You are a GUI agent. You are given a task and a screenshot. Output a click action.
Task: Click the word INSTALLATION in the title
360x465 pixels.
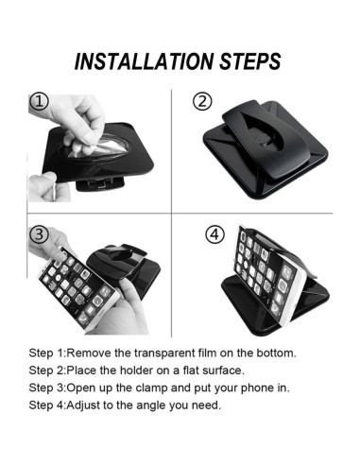pyautogui.click(x=144, y=61)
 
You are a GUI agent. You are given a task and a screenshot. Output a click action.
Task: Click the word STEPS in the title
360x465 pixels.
pyautogui.click(x=250, y=61)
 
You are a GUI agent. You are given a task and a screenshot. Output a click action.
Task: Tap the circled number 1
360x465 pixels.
pyautogui.click(x=39, y=102)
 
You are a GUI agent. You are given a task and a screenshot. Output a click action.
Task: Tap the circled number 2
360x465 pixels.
pyautogui.click(x=202, y=101)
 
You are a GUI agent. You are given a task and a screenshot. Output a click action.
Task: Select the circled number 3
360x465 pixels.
pyautogui.click(x=39, y=235)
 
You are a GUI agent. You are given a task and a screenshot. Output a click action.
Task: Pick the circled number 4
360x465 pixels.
pyautogui.click(x=215, y=234)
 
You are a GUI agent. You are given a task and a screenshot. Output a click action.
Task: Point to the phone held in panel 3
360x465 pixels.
pyautogui.click(x=78, y=287)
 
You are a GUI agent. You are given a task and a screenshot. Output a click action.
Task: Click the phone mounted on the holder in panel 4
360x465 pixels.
pyautogui.click(x=268, y=273)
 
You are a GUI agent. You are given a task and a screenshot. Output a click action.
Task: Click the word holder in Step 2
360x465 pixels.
pyautogui.click(x=137, y=370)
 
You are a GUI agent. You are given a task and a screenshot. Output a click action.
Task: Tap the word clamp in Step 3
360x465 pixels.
pyautogui.click(x=151, y=387)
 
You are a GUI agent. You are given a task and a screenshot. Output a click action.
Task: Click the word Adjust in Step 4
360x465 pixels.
pyautogui.click(x=83, y=405)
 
